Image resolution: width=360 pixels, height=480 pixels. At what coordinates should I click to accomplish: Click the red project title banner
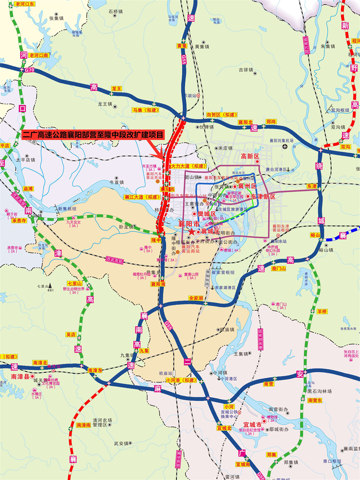tap(94, 134)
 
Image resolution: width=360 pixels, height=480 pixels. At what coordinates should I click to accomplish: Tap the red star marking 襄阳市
tap(191, 231)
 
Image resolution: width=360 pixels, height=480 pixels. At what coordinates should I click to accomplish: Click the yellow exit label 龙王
tap(117, 89)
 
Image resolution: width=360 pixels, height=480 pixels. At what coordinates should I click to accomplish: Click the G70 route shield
tap(29, 70)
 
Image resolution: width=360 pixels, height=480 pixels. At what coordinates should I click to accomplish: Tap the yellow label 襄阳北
tap(246, 122)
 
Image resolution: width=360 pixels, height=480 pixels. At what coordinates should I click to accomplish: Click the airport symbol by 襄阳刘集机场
tap(284, 147)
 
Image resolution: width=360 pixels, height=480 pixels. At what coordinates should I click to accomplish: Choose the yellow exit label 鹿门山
tap(279, 268)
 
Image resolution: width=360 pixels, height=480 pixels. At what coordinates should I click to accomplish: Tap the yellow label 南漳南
tap(84, 425)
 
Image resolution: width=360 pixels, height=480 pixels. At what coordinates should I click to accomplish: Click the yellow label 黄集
tap(181, 46)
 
